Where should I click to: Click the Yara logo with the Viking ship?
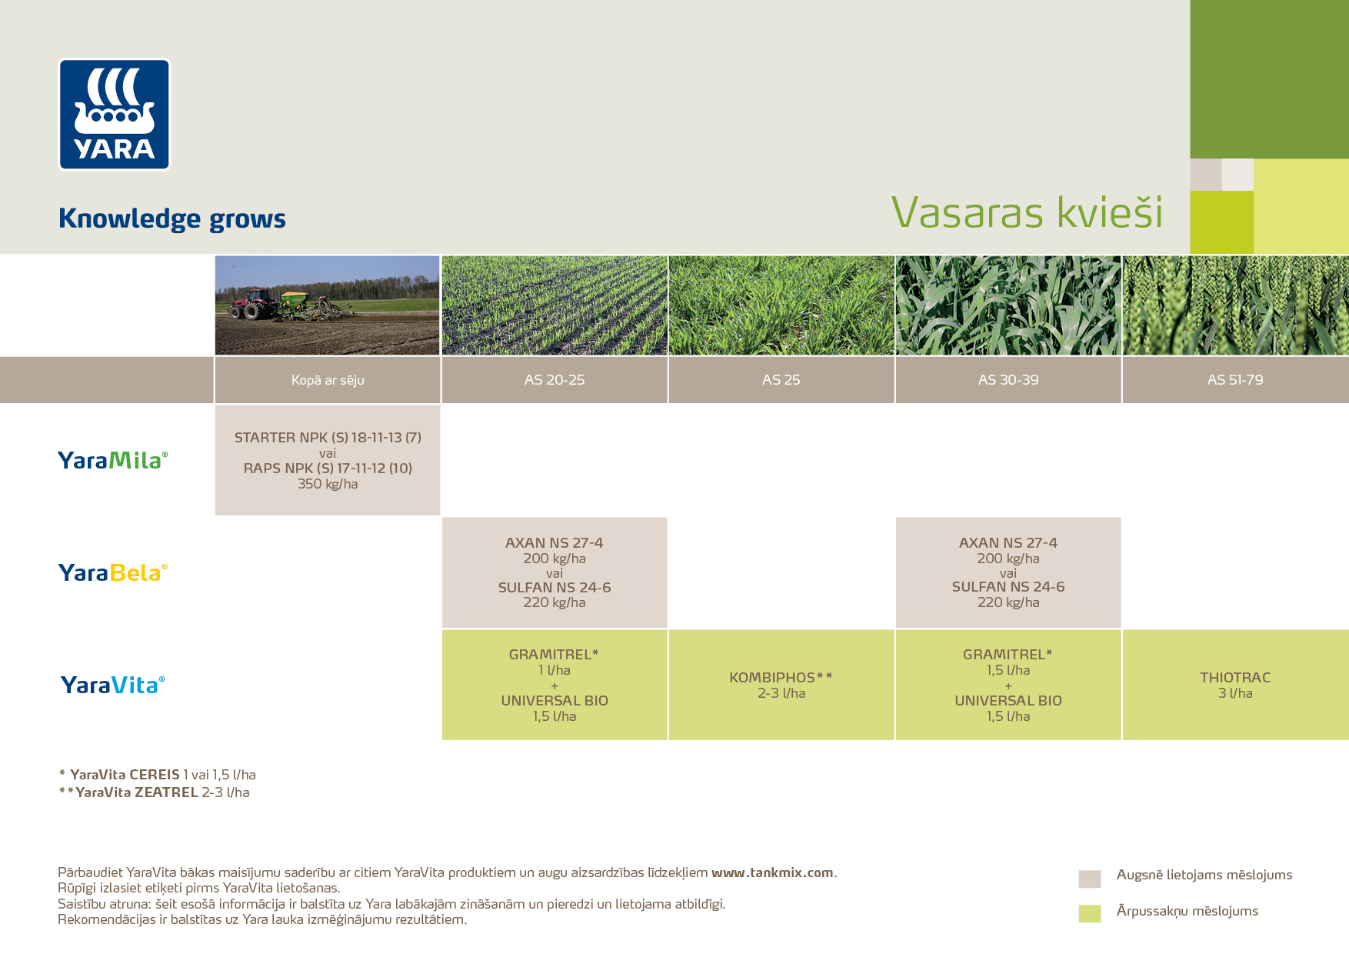coord(115,114)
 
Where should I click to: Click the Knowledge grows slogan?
coord(172,218)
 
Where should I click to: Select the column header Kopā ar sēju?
coord(328,380)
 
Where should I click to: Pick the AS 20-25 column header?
coord(555,380)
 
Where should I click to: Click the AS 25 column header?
coord(781,380)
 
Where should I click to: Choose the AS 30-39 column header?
coord(1008,380)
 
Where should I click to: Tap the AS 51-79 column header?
coord(1235,380)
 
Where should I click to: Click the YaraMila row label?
coord(112,460)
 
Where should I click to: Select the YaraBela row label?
coord(112,572)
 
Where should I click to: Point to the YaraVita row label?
coord(112,685)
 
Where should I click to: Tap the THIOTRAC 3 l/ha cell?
coord(1235,685)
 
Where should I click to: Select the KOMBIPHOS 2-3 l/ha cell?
coord(781,685)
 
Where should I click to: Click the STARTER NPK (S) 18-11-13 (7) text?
coord(328,438)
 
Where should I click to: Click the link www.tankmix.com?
coord(772,872)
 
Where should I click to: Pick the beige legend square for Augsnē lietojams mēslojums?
coord(1090,879)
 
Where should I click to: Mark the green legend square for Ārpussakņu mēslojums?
coord(1090,913)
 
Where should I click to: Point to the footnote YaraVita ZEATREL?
coord(137,792)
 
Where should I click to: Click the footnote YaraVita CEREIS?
coord(125,775)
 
